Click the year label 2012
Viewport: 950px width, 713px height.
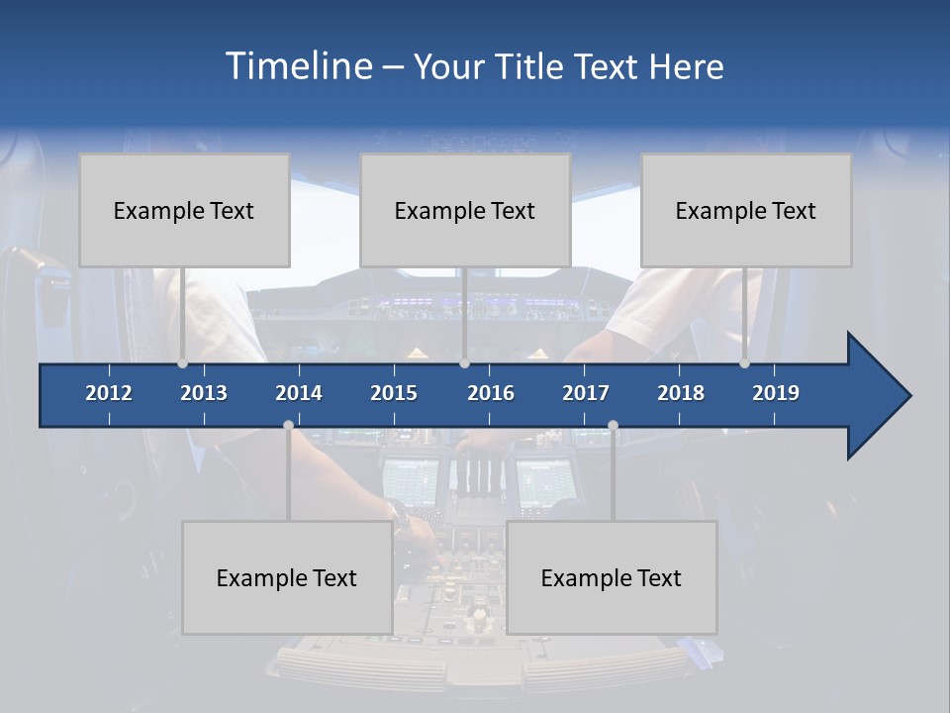pos(109,393)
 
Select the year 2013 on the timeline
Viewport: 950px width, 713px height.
pos(204,393)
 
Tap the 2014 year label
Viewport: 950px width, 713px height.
pos(299,393)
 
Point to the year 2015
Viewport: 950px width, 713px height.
pos(394,393)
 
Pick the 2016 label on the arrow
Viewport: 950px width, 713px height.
pos(491,393)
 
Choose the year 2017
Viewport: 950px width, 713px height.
pos(586,393)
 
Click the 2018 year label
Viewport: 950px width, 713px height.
pos(681,393)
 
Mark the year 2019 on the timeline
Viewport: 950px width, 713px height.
pos(776,393)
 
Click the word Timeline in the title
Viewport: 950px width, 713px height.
pos(297,66)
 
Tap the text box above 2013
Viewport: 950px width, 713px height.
pos(184,210)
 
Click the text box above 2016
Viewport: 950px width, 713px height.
pos(465,210)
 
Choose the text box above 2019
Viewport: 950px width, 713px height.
pos(746,210)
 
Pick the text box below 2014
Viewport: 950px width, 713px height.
pos(287,577)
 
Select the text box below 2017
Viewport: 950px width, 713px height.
pos(612,577)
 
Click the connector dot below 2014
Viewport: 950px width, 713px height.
pos(288,425)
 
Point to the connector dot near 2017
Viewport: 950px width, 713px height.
pos(613,425)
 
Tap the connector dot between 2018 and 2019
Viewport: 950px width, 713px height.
pos(745,363)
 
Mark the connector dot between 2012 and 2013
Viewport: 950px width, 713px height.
pos(183,363)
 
